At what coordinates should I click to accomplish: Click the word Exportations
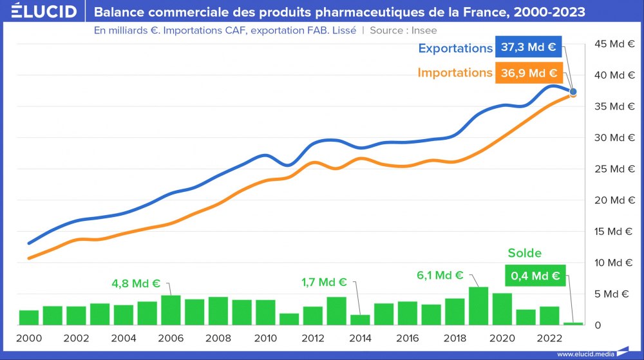point(455,48)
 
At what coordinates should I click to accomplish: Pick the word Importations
point(455,73)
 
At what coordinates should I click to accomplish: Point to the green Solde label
point(525,253)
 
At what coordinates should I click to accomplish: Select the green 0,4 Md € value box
point(535,276)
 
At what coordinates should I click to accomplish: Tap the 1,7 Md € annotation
point(324,282)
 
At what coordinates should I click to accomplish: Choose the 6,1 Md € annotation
point(440,275)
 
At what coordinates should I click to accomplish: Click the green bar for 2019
point(478,306)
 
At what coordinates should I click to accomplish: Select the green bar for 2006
point(171,310)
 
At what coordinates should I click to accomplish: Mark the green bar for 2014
point(360,319)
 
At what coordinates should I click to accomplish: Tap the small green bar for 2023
point(573,323)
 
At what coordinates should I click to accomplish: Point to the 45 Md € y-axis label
point(614,44)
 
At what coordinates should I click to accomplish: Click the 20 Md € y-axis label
point(614,200)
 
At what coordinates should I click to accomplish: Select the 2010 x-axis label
point(265,338)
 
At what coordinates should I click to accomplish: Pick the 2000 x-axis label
point(28,338)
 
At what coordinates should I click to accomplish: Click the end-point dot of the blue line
point(573,92)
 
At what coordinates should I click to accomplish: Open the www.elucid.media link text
point(584,354)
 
